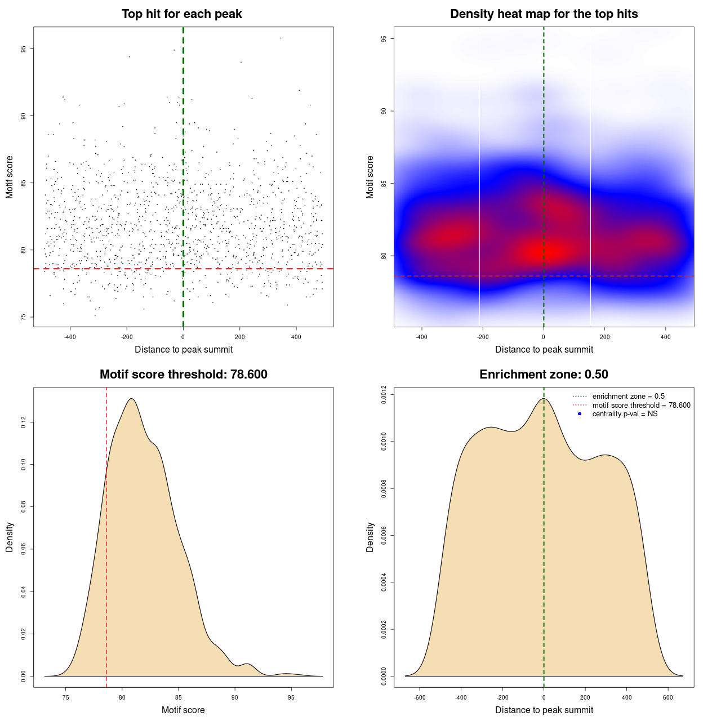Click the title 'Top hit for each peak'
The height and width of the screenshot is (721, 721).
[x=182, y=14]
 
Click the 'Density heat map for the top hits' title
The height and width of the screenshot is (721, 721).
[x=544, y=14]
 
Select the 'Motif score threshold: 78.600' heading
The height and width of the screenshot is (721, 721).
[x=183, y=375]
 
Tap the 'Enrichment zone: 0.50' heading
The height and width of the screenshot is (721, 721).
[x=544, y=375]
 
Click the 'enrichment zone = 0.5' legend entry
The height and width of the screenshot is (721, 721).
[x=628, y=397]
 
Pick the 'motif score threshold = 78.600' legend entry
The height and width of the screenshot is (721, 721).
[x=641, y=405]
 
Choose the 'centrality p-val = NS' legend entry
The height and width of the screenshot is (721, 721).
[x=625, y=414]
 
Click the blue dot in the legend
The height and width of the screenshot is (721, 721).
[x=580, y=414]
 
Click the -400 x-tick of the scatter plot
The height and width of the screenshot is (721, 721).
[x=70, y=337]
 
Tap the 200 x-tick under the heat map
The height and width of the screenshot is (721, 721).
[x=604, y=337]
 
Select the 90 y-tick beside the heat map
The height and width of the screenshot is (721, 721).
[x=384, y=111]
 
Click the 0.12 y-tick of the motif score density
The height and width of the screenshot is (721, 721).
[x=24, y=422]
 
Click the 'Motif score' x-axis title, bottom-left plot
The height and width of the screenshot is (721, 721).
[x=183, y=710]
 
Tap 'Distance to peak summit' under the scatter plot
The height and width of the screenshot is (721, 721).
[x=184, y=349]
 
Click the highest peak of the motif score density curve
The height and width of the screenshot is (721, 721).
[x=131, y=399]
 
